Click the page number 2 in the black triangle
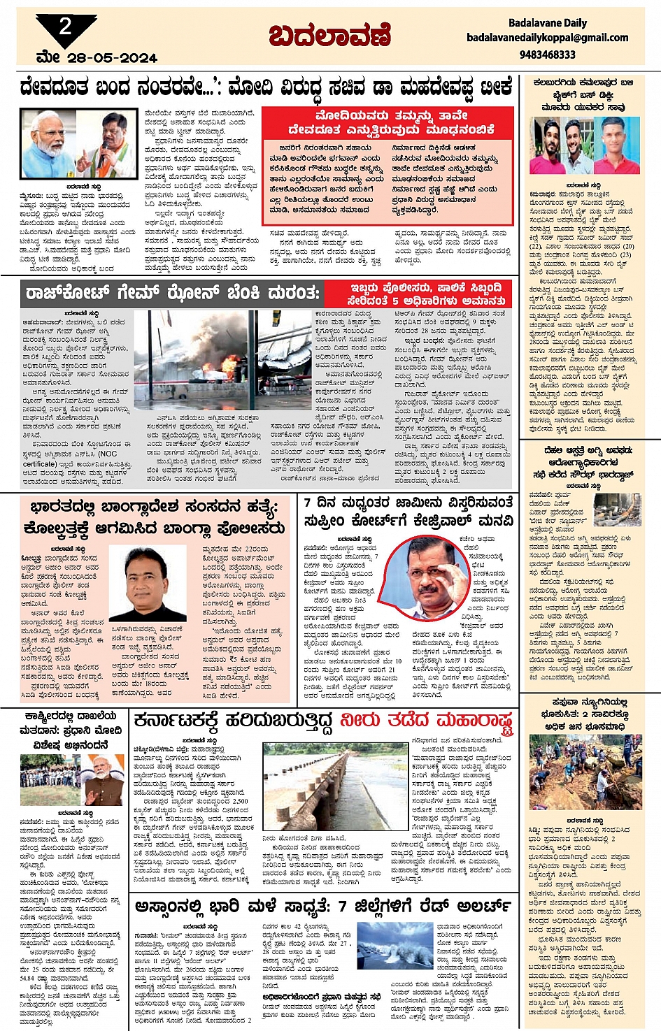(65, 27)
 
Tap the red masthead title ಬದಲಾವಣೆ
(329, 35)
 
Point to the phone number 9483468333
(547, 54)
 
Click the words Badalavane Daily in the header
(547, 23)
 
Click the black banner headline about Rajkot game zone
(171, 292)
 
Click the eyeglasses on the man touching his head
(427, 568)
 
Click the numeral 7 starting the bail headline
(311, 503)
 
